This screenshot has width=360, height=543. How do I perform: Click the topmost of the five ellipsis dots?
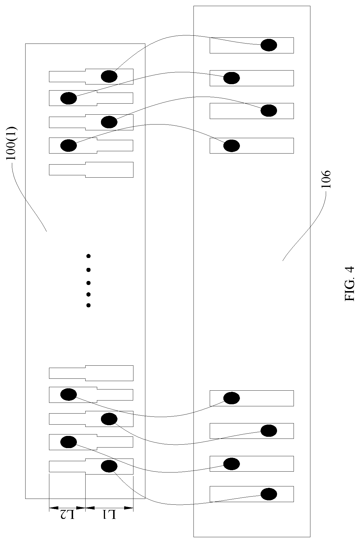pyautogui.click(x=88, y=256)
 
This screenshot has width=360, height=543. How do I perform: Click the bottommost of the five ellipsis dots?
pyautogui.click(x=88, y=305)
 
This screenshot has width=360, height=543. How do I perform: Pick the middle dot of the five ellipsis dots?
pyautogui.click(x=88, y=283)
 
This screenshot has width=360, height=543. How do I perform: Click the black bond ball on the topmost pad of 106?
pyautogui.click(x=269, y=45)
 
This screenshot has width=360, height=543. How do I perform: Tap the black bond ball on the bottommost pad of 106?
pyautogui.click(x=269, y=494)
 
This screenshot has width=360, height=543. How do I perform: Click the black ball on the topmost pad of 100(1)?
pyautogui.click(x=109, y=76)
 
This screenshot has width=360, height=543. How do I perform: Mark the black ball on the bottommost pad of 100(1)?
pyautogui.click(x=109, y=466)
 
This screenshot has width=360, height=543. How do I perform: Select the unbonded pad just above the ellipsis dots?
pyautogui.click(x=91, y=170)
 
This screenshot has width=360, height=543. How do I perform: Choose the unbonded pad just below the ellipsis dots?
pyautogui.click(x=91, y=373)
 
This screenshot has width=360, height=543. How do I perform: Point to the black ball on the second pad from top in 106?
pyautogui.click(x=231, y=78)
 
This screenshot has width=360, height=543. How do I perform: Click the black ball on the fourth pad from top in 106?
pyautogui.click(x=231, y=146)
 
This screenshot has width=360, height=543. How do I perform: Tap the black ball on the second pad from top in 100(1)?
pyautogui.click(x=68, y=98)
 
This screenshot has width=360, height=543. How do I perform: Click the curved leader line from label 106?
pyautogui.click(x=305, y=226)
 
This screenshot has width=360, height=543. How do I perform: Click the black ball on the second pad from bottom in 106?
pyautogui.click(x=231, y=464)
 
